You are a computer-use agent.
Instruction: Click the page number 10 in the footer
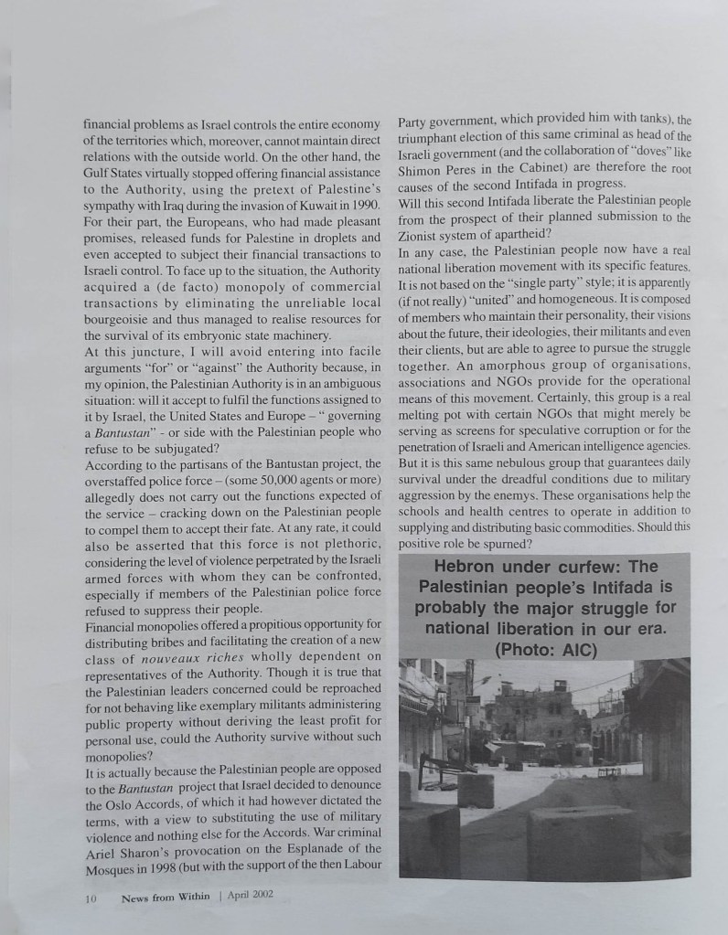point(91,898)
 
